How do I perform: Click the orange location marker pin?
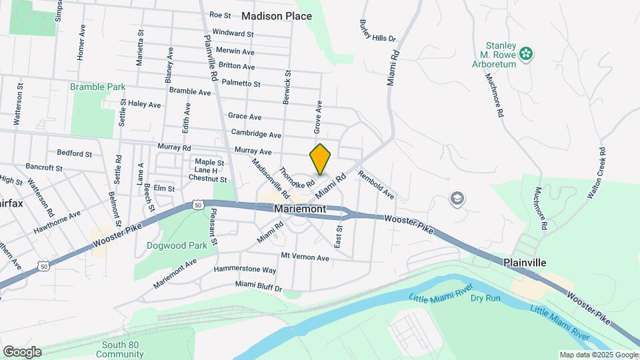pyautogui.click(x=320, y=159)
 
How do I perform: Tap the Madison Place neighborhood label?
pyautogui.click(x=277, y=15)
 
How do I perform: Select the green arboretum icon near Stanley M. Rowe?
pyautogui.click(x=527, y=53)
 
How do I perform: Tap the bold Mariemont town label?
pyautogui.click(x=300, y=209)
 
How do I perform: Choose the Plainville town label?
pyautogui.click(x=525, y=263)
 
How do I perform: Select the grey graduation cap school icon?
pyautogui.click(x=457, y=198)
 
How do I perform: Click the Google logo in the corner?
pyautogui.click(x=22, y=352)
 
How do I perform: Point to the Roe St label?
pyautogui.click(x=220, y=15)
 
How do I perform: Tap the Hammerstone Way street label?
pyautogui.click(x=245, y=270)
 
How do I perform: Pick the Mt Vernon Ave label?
pyautogui.click(x=305, y=257)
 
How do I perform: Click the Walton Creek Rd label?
pyautogui.click(x=595, y=174)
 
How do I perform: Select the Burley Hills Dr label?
pyautogui.click(x=379, y=29)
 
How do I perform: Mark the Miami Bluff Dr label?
pyautogui.click(x=259, y=285)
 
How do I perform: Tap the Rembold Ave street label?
pyautogui.click(x=376, y=185)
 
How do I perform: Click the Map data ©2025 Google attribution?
pyautogui.click(x=598, y=355)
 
